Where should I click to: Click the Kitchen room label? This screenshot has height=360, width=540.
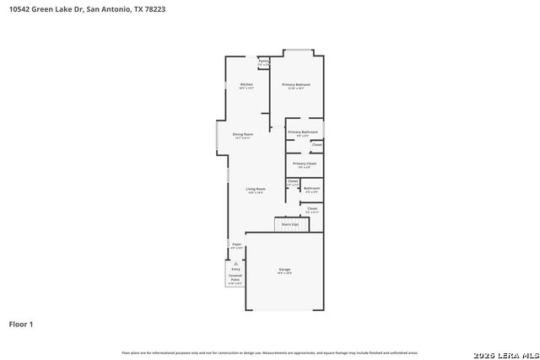(246, 85)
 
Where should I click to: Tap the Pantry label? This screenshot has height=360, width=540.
(263, 62)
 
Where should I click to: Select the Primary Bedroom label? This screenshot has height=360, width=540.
(296, 85)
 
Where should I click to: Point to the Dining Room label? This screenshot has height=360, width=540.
(243, 134)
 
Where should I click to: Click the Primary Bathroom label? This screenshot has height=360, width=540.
(302, 132)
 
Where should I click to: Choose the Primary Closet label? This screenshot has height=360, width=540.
(305, 163)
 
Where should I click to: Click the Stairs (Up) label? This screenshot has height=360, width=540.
(290, 224)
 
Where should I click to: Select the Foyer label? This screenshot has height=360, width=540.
(237, 244)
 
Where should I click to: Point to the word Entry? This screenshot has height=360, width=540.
(236, 269)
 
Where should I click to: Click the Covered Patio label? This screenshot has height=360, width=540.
(235, 277)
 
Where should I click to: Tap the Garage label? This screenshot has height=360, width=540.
(284, 270)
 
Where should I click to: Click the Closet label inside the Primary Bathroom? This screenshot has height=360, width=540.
(317, 145)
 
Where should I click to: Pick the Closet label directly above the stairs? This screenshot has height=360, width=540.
(312, 207)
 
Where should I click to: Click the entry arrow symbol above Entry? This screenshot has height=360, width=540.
(236, 262)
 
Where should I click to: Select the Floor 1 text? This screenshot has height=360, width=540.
(21, 324)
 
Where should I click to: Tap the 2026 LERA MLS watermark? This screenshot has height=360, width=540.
(510, 352)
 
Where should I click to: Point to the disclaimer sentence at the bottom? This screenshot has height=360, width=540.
(269, 352)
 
